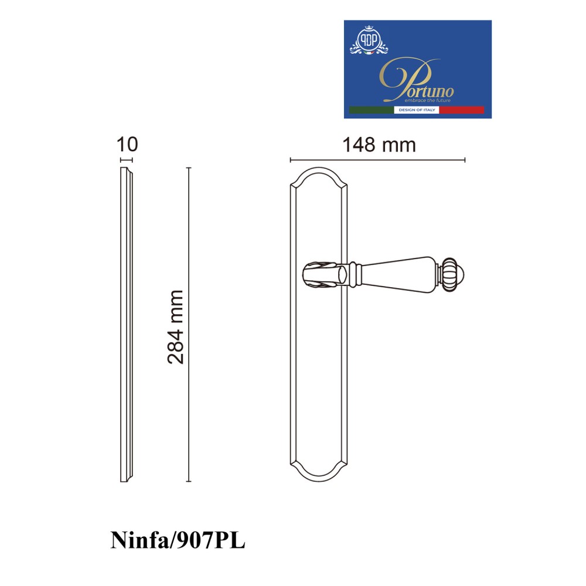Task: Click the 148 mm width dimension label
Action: click(x=379, y=145)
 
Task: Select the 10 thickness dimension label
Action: click(x=127, y=144)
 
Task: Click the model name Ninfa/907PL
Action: click(x=178, y=540)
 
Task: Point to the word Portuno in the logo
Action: click(x=417, y=80)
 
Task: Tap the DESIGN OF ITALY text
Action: click(x=417, y=110)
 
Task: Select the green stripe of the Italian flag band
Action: click(x=371, y=110)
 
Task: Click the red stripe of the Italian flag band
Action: click(x=462, y=110)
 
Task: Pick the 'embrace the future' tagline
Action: click(x=428, y=100)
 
